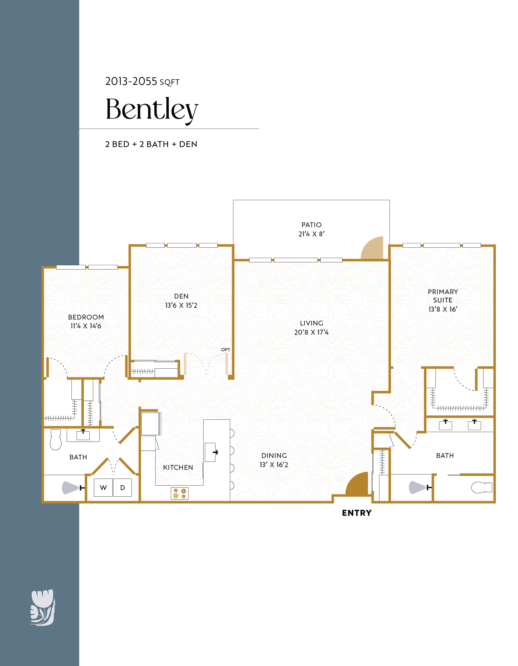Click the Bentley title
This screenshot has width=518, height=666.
coord(152,109)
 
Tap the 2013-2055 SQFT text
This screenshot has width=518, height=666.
coord(142,82)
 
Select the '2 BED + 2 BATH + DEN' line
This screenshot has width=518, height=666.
coord(151,144)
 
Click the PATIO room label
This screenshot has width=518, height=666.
coord(311,225)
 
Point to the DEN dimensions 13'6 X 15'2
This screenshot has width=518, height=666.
coord(181,305)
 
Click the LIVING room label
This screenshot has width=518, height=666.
coord(311,323)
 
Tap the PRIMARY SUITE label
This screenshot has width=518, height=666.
coord(443,296)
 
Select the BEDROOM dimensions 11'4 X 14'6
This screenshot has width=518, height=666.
coord(86,326)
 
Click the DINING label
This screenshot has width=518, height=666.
coord(274,455)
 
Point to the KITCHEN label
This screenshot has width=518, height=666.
coord(178,467)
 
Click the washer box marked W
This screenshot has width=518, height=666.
coord(103,488)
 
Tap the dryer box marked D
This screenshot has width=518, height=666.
coord(123,488)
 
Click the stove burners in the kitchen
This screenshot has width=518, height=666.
coord(179,493)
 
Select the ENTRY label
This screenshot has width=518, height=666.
coord(356,513)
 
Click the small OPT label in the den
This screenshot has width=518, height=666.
coord(225,350)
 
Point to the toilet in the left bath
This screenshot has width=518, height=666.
coord(56,440)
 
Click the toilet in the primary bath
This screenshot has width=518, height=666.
coord(481,487)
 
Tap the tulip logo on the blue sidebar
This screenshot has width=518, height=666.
coord(42,607)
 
